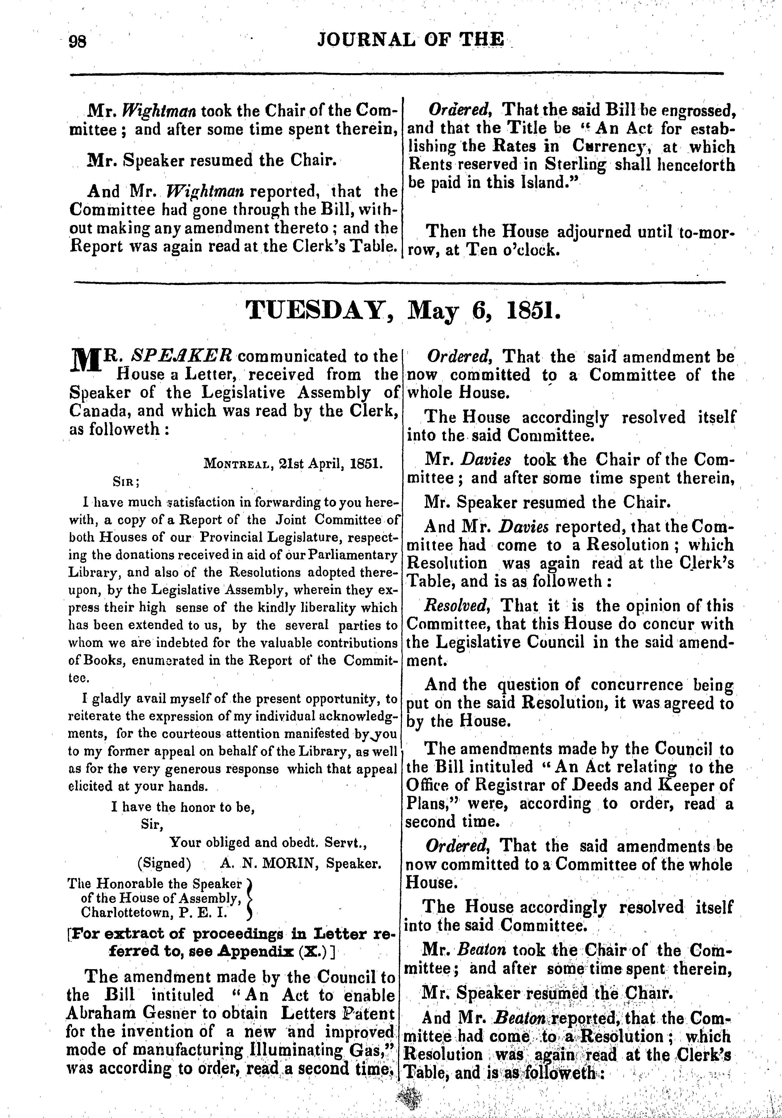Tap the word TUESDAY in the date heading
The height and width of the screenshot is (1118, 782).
pyautogui.click(x=319, y=310)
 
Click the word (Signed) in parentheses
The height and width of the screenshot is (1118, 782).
pyautogui.click(x=164, y=863)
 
